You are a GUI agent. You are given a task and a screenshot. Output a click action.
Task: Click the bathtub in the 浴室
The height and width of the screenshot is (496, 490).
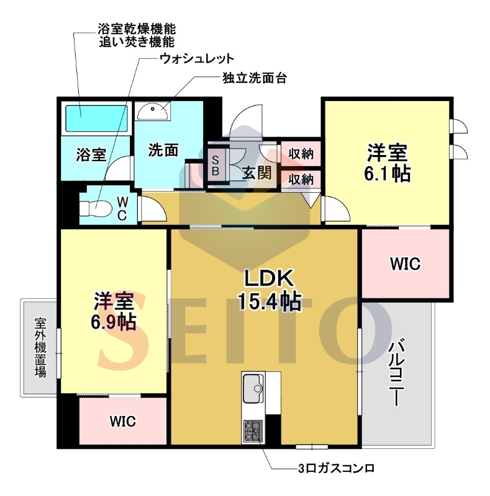point(97,118)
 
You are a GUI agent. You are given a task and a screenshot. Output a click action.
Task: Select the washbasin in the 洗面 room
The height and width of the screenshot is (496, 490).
point(152,110)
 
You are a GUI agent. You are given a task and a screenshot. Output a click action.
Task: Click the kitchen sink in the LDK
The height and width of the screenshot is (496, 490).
point(253,388)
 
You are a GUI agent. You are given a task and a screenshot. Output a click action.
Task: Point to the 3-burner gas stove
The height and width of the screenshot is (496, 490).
point(253,432)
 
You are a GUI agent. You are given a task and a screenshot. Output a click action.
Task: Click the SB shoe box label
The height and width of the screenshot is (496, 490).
point(216,166)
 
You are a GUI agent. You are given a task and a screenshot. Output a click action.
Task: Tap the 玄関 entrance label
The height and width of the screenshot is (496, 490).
point(257,173)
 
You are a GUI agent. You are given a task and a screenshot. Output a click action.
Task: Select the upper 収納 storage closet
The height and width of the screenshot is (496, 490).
point(301,154)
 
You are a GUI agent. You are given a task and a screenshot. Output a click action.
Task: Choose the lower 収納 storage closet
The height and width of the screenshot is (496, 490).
point(301,179)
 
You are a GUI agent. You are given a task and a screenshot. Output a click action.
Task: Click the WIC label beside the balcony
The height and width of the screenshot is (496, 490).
point(406,264)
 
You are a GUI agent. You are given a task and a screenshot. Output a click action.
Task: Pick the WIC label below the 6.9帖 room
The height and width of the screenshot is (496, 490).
point(123,422)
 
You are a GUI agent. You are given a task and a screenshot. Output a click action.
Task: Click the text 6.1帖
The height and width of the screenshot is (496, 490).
point(387,174)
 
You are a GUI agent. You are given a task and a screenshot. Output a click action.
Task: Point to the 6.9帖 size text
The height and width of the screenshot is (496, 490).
point(114,322)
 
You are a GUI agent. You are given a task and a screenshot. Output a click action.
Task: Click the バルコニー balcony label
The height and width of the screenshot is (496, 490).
point(396,373)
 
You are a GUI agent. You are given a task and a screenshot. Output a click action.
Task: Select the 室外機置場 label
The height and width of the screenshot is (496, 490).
point(40,347)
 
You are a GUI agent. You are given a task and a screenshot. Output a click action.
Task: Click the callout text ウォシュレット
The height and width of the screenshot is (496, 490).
point(197,58)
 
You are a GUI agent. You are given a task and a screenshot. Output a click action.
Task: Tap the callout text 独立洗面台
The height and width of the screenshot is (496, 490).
point(255,78)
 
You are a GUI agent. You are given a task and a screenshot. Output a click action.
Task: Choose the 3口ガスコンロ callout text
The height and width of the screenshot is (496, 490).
point(336,468)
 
